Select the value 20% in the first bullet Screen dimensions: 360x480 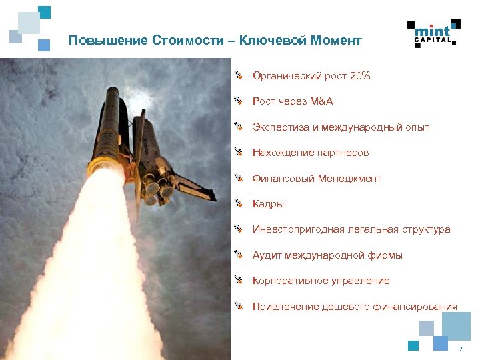(x=358, y=76)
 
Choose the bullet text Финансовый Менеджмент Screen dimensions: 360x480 (x=317, y=179)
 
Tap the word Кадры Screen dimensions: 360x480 (x=268, y=204)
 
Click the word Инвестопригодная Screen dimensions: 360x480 (x=298, y=229)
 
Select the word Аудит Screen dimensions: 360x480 (x=267, y=255)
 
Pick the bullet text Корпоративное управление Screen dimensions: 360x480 (x=321, y=281)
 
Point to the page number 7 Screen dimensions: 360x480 (x=460, y=350)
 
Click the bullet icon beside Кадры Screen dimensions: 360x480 (x=237, y=203)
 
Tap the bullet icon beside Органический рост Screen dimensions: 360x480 (x=237, y=75)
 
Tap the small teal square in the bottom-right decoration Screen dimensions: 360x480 (x=413, y=345)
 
